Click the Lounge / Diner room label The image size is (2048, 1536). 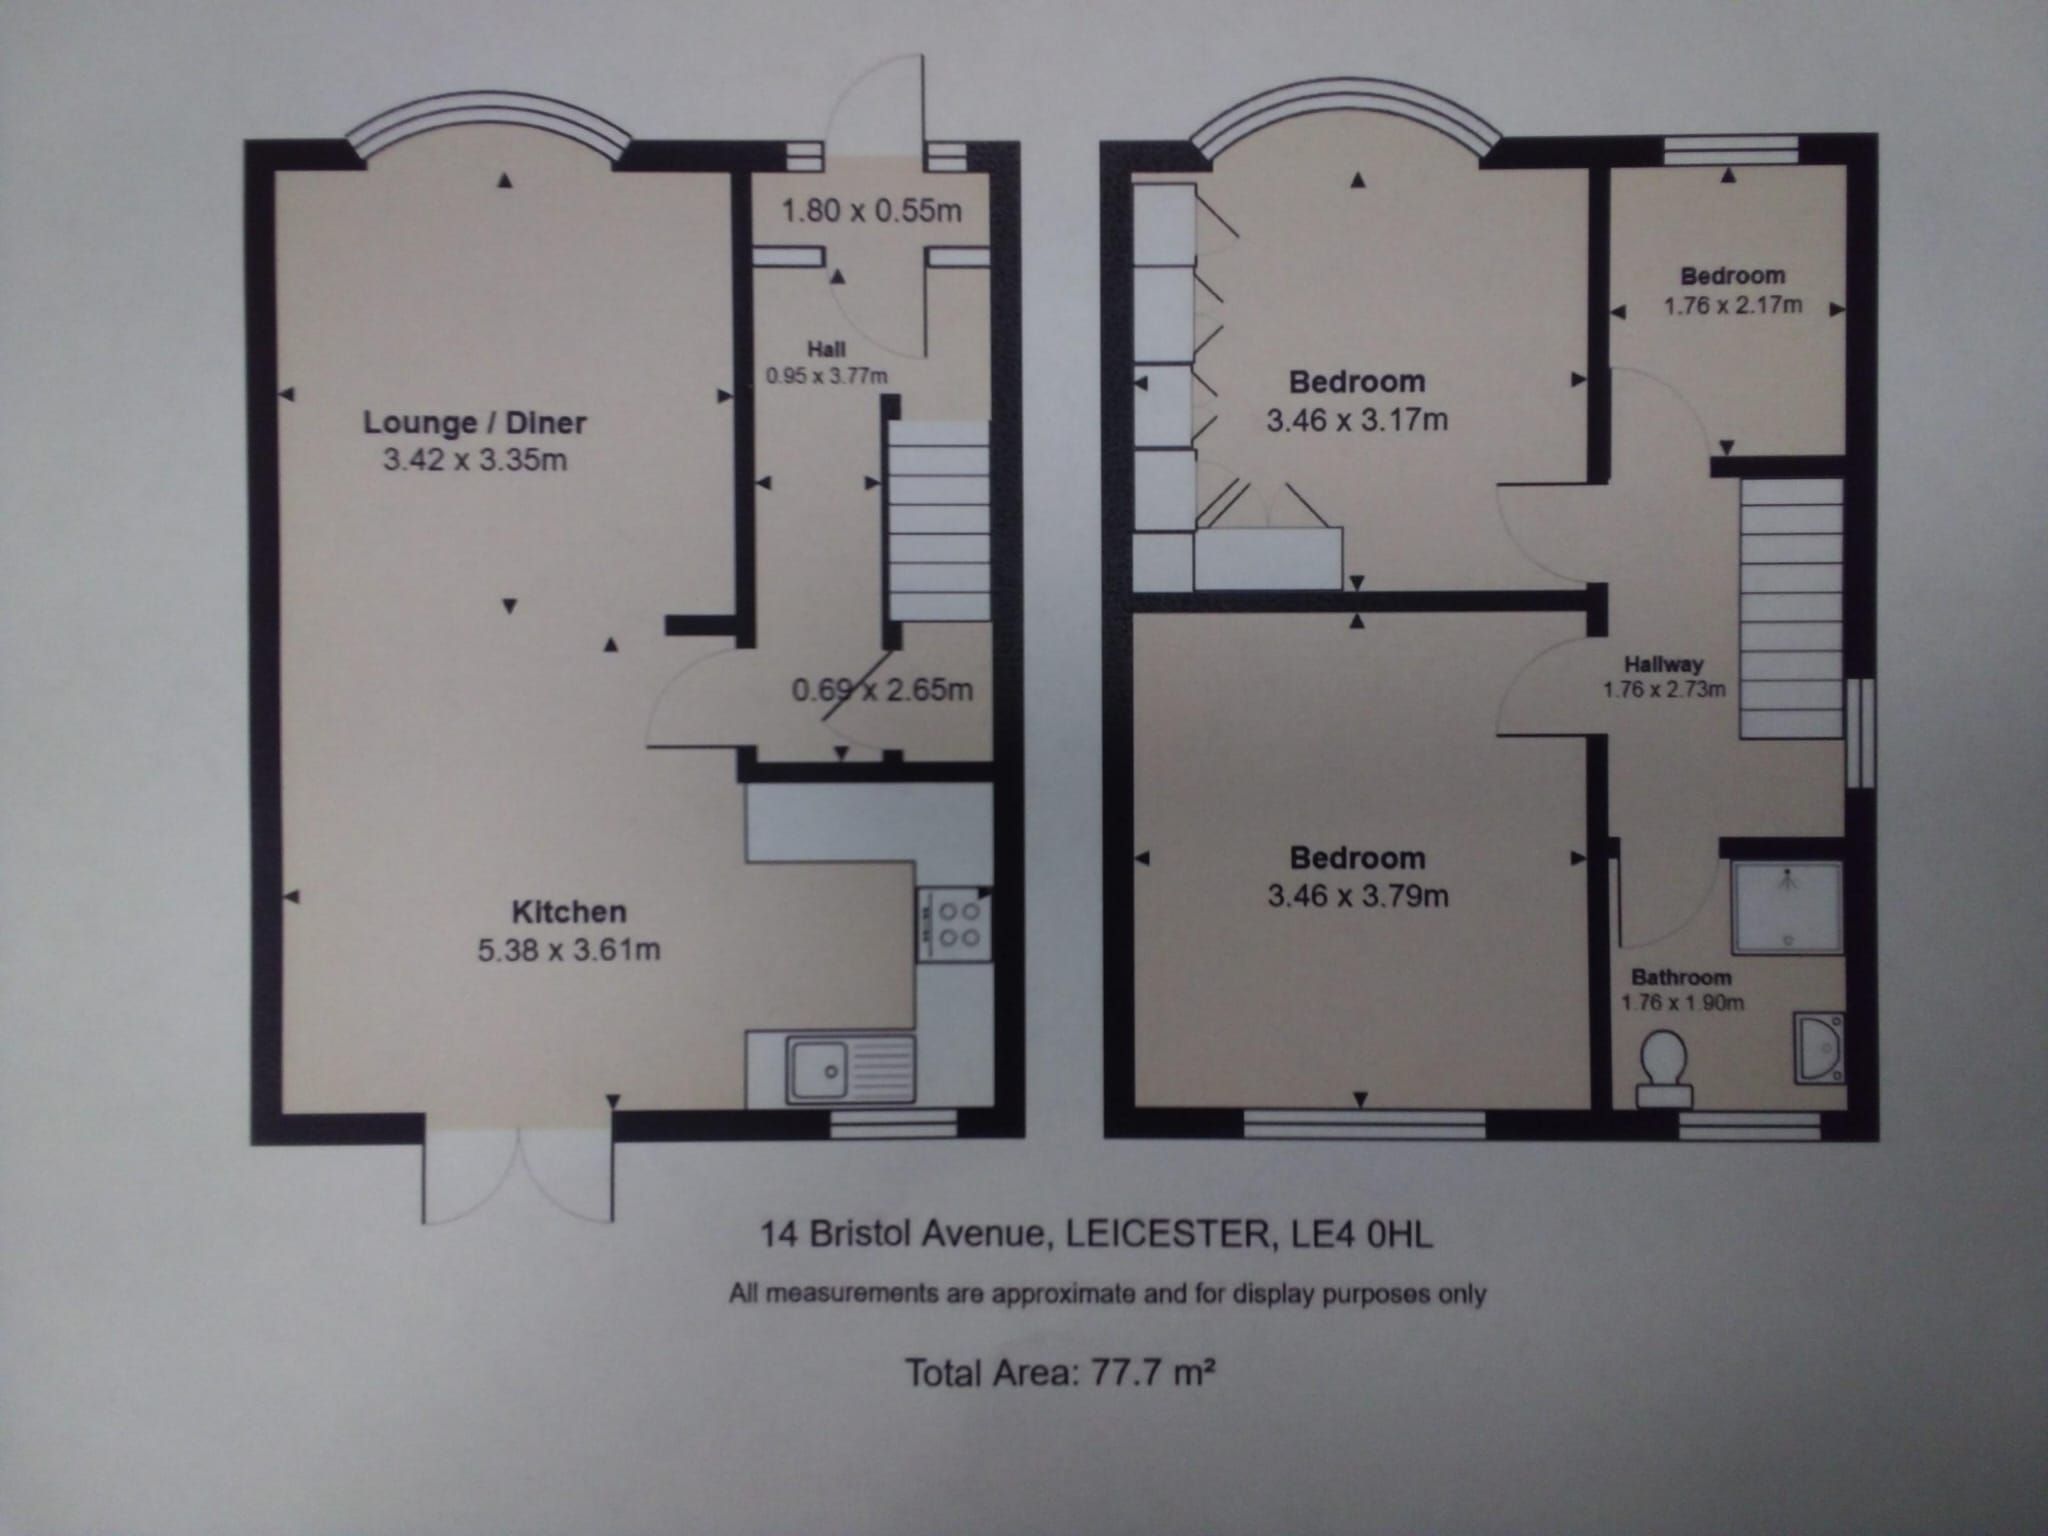[474, 422]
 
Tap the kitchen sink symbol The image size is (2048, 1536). [850, 1071]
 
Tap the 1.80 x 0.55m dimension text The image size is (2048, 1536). [870, 211]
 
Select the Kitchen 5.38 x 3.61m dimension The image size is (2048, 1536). [568, 949]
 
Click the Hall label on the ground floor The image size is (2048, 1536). [826, 349]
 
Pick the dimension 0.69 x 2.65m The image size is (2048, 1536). [882, 690]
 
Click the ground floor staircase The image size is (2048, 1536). [938, 520]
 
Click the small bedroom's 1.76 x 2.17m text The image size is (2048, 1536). [1732, 305]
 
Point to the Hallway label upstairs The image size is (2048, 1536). [1663, 663]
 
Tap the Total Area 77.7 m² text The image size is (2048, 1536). [1059, 1372]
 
